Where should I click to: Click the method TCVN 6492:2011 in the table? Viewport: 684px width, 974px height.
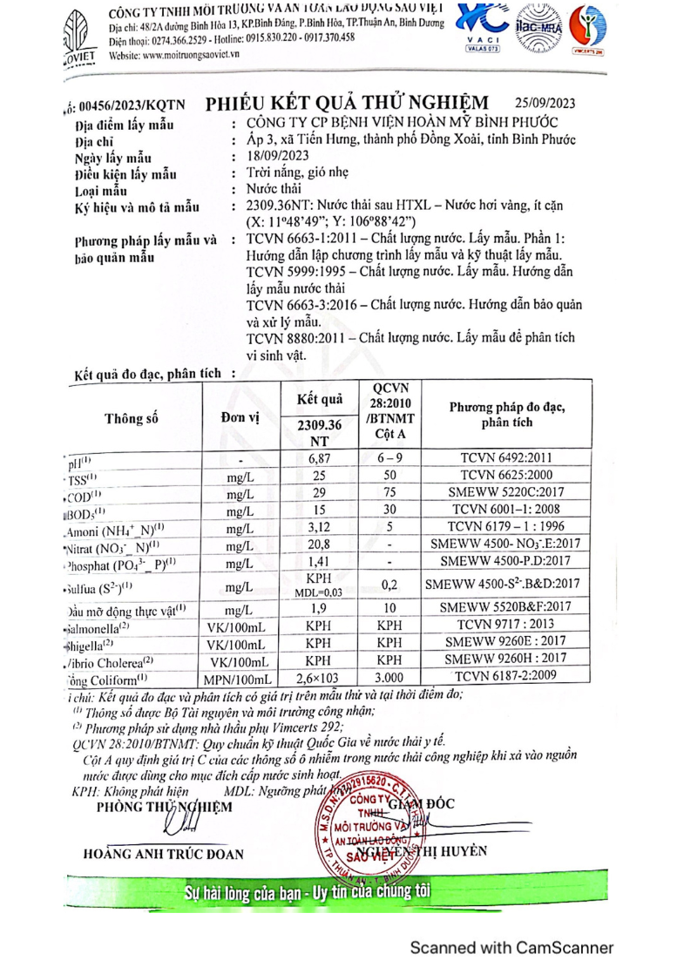click(x=507, y=459)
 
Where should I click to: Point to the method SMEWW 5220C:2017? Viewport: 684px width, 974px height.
click(x=507, y=494)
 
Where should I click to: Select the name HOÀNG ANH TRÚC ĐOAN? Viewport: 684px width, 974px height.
click(x=163, y=854)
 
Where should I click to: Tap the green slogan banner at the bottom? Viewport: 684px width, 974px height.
click(x=308, y=894)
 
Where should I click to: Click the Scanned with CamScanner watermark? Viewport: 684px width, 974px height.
click(x=511, y=948)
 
